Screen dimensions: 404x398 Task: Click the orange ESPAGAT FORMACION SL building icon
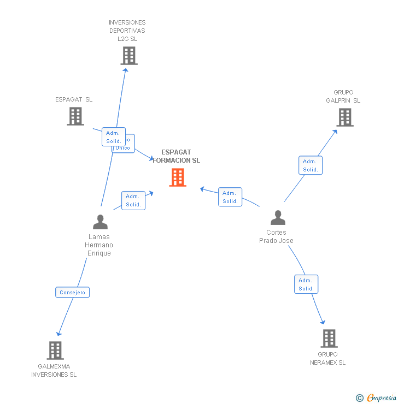click(x=178, y=177)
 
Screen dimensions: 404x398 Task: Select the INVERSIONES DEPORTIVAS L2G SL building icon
click(x=129, y=56)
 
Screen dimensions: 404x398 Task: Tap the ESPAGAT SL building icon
click(x=75, y=116)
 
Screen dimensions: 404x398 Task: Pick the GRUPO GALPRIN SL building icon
click(x=345, y=117)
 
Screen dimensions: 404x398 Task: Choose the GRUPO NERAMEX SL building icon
click(x=329, y=338)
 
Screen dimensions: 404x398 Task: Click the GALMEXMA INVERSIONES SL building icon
click(x=55, y=350)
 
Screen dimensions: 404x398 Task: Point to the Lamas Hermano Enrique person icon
click(x=100, y=222)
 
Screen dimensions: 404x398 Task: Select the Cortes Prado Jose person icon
click(x=278, y=218)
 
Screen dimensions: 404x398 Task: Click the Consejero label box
click(x=72, y=292)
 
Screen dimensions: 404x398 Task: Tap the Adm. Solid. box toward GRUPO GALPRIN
click(x=311, y=165)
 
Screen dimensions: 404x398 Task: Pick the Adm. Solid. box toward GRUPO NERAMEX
click(x=306, y=284)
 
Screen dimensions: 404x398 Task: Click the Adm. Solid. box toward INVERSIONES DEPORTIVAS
click(x=113, y=136)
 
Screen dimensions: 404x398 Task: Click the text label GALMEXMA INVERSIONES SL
click(x=54, y=371)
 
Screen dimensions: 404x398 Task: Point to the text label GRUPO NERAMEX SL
click(x=328, y=359)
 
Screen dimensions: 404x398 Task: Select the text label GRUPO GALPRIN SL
click(x=343, y=97)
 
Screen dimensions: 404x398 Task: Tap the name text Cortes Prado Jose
click(x=276, y=237)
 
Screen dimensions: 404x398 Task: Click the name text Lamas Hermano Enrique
click(x=99, y=245)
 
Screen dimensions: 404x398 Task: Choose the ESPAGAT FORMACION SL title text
click(x=176, y=157)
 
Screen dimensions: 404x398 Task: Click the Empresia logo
click(x=376, y=398)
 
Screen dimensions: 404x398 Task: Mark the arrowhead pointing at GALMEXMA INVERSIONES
click(x=58, y=334)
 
